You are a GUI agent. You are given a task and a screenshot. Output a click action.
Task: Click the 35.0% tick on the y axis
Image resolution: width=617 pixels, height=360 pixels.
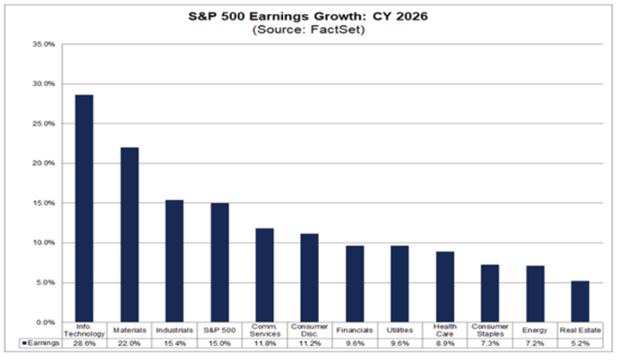pyautogui.click(x=44, y=44)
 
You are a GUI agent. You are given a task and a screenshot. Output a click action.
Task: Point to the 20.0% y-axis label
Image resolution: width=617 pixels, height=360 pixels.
pyautogui.click(x=44, y=163)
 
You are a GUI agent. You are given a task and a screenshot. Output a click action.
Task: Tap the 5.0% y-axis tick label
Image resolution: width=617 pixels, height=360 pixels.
pyautogui.click(x=44, y=282)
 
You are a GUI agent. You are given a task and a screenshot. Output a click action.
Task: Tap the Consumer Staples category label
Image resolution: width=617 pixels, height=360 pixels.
pyautogui.click(x=489, y=331)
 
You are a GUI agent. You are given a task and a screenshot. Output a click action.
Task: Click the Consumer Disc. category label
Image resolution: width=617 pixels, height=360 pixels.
pyautogui.click(x=308, y=331)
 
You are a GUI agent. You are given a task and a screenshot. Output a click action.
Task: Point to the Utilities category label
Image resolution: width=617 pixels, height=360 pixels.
pyautogui.click(x=398, y=330)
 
